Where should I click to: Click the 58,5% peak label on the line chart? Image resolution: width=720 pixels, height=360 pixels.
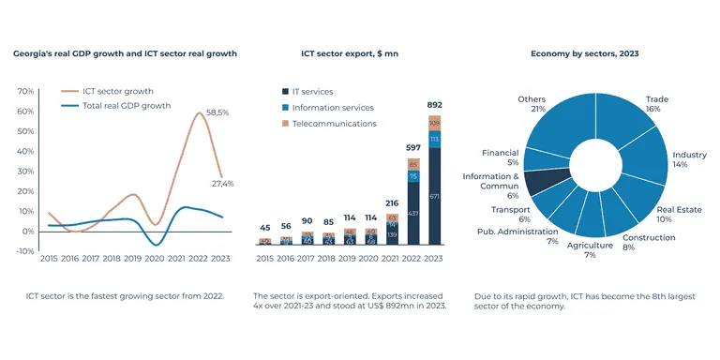click(x=217, y=112)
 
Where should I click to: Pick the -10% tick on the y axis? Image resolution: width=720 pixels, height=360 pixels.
click(x=24, y=250)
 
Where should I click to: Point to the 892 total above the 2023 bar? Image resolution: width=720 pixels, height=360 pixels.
click(x=435, y=104)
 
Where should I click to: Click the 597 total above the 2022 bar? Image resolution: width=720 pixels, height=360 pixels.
click(x=413, y=148)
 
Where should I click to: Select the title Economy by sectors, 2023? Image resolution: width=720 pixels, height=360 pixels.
click(x=584, y=54)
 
